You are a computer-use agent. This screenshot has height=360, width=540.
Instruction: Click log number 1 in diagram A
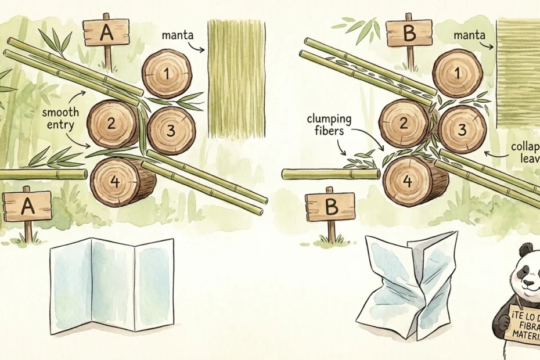coord(167,74)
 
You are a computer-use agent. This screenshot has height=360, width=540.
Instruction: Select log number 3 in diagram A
coord(171,131)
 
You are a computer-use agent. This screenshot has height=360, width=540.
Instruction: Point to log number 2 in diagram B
coord(403,124)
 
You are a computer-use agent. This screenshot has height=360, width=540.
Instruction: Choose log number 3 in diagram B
coord(461,130)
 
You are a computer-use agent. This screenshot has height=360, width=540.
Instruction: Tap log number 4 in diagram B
coord(408,181)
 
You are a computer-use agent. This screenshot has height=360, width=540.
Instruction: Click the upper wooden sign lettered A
coord(106,33)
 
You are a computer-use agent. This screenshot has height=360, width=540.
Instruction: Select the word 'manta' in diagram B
coord(470,36)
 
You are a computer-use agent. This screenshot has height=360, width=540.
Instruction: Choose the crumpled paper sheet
coord(410,285)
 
